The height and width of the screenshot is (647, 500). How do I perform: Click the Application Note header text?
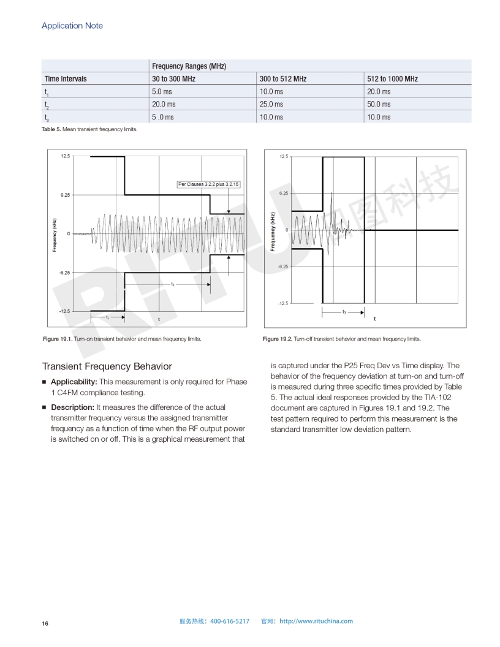coord(72,26)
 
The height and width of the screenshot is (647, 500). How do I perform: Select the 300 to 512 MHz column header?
coord(282,79)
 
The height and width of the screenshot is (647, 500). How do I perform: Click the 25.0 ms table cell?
coord(271,104)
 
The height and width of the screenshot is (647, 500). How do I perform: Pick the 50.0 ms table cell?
coord(379,104)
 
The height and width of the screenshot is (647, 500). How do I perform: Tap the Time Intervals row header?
coord(66,79)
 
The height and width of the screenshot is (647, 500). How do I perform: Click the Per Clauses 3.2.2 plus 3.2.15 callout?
coord(208,184)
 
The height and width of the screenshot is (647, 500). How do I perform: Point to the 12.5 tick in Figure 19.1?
coord(65,156)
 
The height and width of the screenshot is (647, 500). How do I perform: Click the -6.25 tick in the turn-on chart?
coord(64,272)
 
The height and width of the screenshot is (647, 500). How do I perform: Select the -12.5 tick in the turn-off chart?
coord(282,303)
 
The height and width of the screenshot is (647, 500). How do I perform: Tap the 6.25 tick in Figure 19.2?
coord(284,193)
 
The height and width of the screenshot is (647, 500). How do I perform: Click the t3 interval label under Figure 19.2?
coord(344,312)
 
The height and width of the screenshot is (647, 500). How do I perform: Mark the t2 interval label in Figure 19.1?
coord(173,284)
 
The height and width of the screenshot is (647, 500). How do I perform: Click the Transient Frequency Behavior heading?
coord(107,366)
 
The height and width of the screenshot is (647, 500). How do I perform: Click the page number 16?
coord(45,624)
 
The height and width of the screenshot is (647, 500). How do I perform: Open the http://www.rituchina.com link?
coord(316,621)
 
